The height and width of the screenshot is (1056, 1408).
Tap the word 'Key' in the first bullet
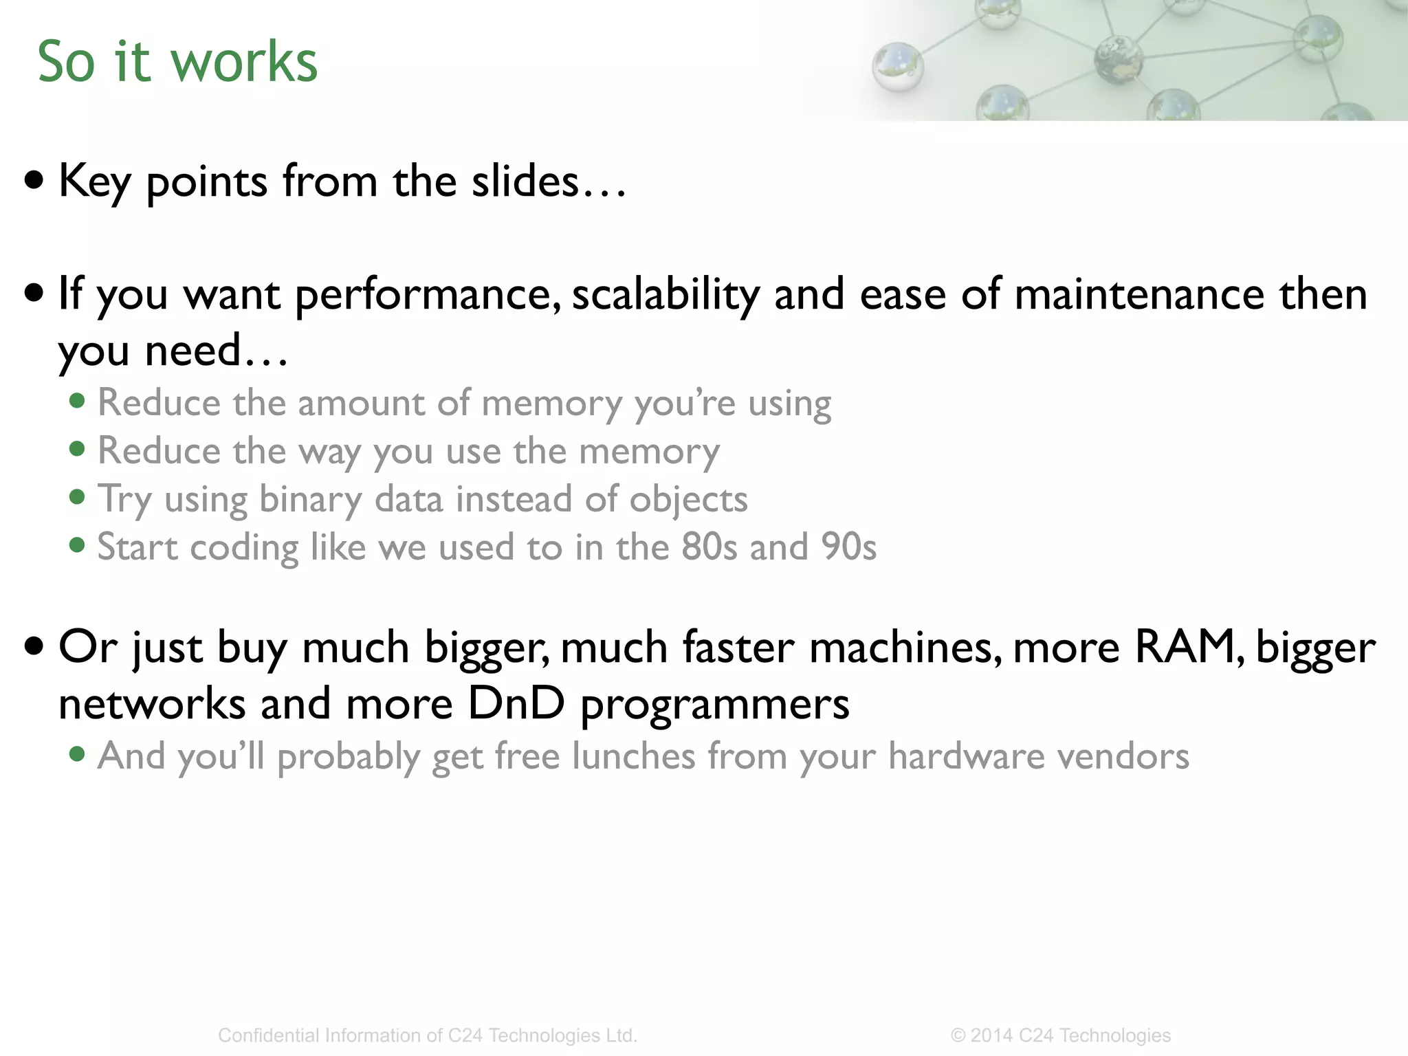coord(94,181)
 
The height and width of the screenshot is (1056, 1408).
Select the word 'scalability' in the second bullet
coord(665,294)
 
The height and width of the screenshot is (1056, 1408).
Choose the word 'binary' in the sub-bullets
coord(310,500)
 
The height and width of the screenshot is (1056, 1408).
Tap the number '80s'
coord(709,547)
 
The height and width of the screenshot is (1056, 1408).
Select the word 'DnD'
coord(516,703)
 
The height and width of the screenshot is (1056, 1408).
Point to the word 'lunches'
coord(633,756)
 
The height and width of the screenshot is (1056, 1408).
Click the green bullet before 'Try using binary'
coord(78,497)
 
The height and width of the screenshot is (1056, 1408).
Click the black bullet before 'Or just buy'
coord(34,646)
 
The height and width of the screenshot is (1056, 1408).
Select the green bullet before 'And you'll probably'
coord(78,755)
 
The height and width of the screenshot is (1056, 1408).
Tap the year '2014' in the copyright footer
coord(991,1035)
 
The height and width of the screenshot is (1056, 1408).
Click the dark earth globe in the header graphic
coord(1117,59)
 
